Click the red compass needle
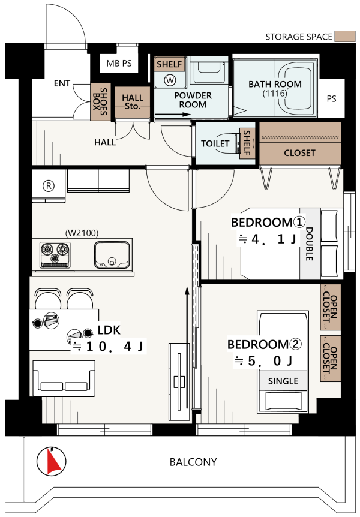(x=53, y=462)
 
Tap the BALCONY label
(x=193, y=462)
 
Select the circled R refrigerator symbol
(x=49, y=186)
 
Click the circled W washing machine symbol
(x=170, y=80)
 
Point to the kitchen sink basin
(x=112, y=255)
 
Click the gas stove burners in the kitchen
(x=55, y=254)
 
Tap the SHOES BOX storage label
(x=100, y=101)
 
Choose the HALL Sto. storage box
(x=133, y=102)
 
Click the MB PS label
(x=119, y=63)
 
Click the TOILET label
(x=215, y=143)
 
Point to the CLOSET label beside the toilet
(x=299, y=153)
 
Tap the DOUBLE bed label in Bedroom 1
(x=310, y=244)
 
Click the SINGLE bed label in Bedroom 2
(x=283, y=381)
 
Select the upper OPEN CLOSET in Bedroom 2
(x=331, y=307)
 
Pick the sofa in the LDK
(x=64, y=378)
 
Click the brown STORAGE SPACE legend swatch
(x=345, y=36)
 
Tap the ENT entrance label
(x=62, y=83)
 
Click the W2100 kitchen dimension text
(x=82, y=233)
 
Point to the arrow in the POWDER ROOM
(x=173, y=115)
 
